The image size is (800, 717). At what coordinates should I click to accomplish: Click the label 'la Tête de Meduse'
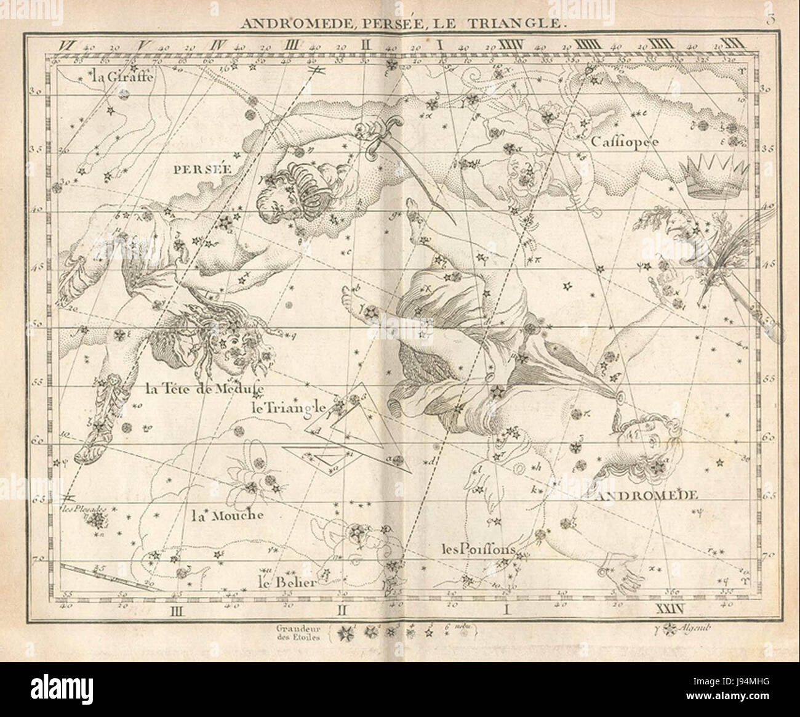(205, 389)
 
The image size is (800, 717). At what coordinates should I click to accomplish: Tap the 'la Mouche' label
(226, 516)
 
